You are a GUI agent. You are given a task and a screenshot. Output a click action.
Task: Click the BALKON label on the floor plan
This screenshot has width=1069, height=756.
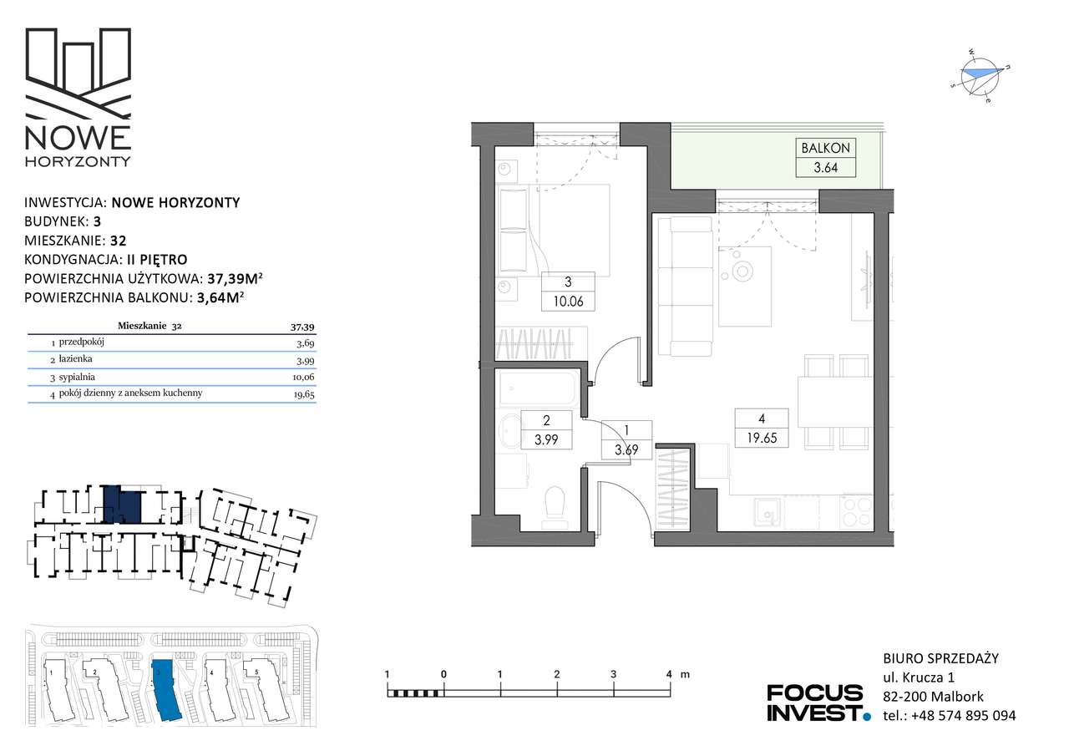825,148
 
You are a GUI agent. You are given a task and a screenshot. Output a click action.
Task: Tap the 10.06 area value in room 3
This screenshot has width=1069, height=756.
568,302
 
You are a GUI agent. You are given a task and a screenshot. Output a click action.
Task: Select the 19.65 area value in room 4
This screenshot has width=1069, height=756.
762,438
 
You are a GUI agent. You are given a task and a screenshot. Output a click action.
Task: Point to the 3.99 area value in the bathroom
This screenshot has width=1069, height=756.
546,439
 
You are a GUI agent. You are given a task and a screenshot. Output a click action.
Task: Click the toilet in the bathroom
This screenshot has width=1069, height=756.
555,508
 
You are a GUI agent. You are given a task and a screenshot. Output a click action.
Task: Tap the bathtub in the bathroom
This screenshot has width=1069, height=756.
540,388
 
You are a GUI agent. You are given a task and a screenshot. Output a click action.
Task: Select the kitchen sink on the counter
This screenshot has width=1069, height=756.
768,512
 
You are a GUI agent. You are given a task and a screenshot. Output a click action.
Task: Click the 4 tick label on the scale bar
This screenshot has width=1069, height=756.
670,674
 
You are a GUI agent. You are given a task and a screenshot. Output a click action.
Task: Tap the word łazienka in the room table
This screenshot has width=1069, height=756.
75,358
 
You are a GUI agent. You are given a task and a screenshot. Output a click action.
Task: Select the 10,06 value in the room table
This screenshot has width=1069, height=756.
303,377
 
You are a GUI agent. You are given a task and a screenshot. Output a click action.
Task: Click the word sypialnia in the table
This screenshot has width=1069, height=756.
77,377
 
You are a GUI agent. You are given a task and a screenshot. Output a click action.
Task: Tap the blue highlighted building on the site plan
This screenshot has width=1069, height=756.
166,690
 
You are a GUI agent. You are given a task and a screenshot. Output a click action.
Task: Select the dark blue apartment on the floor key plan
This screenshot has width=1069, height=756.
122,505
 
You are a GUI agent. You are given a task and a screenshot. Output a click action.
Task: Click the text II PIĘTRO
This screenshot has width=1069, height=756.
157,259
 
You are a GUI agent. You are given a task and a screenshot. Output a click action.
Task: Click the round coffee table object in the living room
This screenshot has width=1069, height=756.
742,271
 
